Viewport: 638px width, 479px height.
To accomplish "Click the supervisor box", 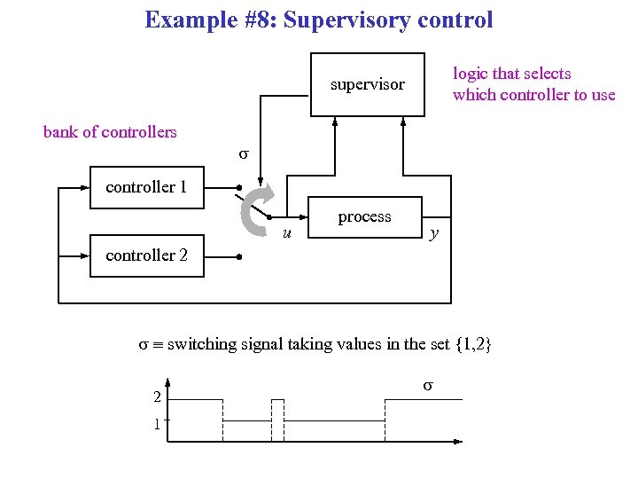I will click(367, 85).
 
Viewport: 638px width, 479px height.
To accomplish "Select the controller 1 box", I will click(146, 187).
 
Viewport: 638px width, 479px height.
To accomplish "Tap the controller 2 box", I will click(146, 255).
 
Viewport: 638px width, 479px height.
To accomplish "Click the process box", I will click(364, 217).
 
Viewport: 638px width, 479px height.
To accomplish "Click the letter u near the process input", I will click(286, 233).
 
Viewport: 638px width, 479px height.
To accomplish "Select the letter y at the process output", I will click(432, 233).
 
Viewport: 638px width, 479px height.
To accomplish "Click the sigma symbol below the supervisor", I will click(244, 153).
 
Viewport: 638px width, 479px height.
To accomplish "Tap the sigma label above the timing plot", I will click(427, 386).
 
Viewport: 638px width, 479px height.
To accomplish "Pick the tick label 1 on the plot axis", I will click(156, 424).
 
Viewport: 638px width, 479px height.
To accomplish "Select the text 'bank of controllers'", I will click(110, 132).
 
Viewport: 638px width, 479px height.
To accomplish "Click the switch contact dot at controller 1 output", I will click(239, 187).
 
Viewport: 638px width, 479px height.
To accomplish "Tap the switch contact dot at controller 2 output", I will click(239, 255).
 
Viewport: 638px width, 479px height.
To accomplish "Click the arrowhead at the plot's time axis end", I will click(458, 441).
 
